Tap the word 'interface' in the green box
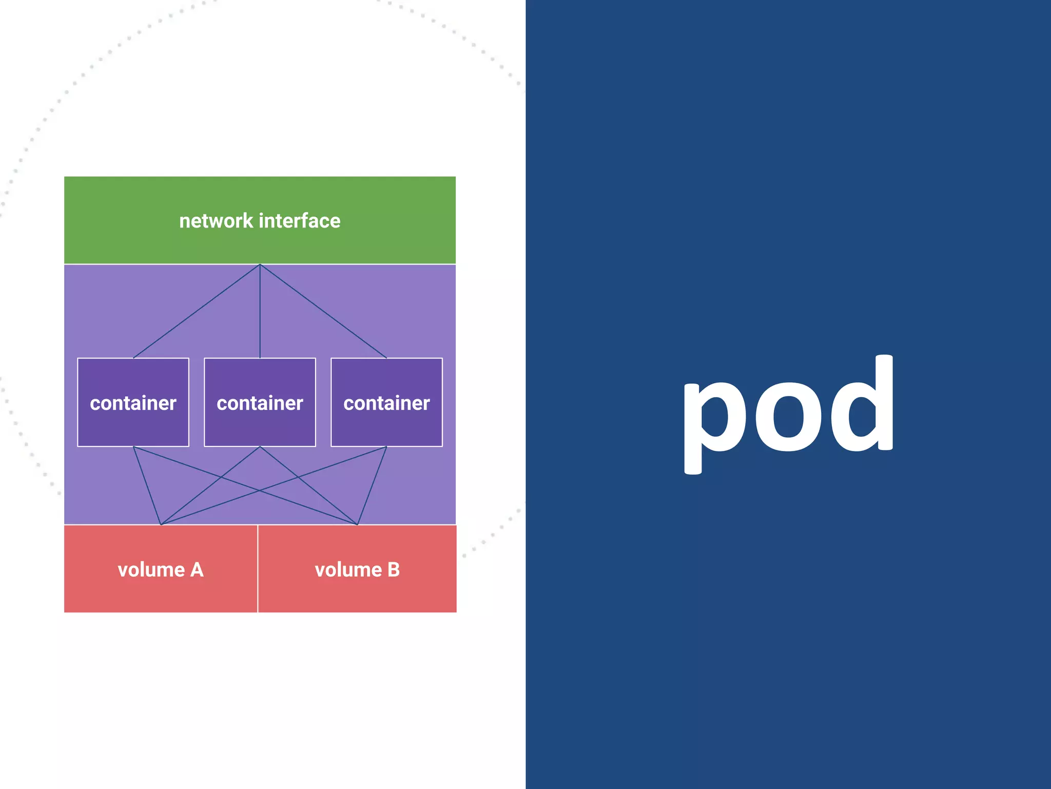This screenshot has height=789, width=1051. coord(300,221)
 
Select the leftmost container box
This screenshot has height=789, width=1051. coord(133,402)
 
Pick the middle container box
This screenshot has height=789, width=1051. coord(260,402)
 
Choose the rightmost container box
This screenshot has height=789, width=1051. coord(386,402)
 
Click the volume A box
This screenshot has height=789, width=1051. coord(161,569)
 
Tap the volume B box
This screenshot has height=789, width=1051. coord(357,569)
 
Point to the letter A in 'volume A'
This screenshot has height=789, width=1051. coord(197,570)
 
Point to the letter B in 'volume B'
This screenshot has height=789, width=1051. coord(394,570)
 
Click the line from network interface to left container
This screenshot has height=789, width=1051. coord(197,311)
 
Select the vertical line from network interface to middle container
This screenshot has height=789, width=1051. coord(260,311)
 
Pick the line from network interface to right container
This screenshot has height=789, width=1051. coord(323,311)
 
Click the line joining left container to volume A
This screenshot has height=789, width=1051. coord(147,486)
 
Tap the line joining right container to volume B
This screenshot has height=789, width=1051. coord(372,486)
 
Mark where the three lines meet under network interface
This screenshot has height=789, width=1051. coord(260,265)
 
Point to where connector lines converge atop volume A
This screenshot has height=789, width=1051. coord(161,524)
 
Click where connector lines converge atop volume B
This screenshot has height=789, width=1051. coord(357,524)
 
